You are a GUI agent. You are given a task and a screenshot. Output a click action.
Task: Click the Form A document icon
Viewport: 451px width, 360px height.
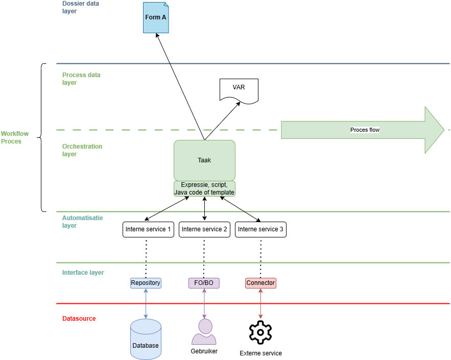[x=155, y=17]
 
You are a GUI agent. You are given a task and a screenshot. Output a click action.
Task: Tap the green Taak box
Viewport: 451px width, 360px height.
[x=204, y=160]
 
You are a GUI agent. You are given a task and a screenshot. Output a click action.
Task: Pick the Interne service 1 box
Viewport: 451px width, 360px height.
[x=148, y=229]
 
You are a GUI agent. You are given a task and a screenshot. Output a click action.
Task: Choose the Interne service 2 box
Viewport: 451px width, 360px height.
[x=204, y=229]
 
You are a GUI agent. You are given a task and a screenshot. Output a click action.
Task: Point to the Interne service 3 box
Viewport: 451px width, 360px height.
[x=260, y=229]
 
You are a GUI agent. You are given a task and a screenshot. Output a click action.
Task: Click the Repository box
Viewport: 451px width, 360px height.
[x=146, y=283]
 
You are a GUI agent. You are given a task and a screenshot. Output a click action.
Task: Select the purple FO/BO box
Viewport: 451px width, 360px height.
[x=204, y=283]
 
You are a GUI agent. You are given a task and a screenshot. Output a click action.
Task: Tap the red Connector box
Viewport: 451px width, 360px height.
[x=260, y=283]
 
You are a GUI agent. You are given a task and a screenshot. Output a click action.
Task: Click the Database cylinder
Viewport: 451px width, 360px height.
[x=146, y=337]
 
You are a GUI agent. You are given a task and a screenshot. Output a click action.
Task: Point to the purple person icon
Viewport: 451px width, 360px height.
[x=204, y=331]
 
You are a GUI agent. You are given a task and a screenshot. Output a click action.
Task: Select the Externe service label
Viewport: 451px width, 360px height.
[x=260, y=353]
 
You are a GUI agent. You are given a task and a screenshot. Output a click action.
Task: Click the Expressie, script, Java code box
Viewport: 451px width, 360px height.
[x=204, y=188]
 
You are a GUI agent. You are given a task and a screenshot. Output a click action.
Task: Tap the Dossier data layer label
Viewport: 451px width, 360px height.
[x=81, y=7]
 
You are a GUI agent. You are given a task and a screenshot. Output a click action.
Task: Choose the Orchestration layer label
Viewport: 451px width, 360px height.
[x=82, y=150]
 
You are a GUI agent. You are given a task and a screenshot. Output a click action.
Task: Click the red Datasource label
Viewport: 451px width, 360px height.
[x=79, y=319]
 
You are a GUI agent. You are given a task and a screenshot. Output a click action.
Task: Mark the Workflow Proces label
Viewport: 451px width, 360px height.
[x=15, y=137]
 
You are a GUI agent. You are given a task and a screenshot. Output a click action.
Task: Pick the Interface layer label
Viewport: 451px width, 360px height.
[x=83, y=273]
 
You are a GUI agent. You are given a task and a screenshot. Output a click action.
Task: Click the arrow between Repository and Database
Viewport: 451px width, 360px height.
[x=146, y=304]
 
